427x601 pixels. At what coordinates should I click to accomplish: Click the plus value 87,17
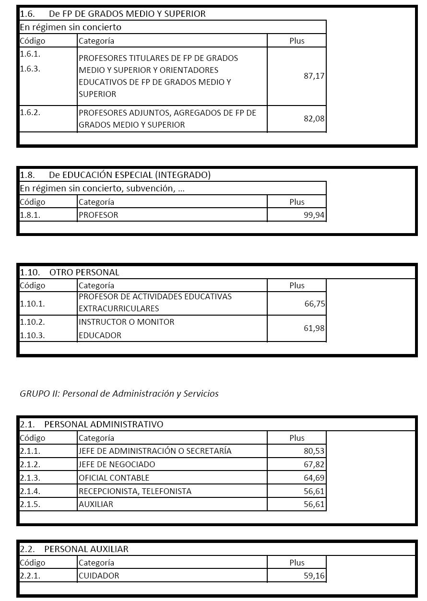(314, 76)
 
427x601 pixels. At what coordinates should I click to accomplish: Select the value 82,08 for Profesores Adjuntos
(314, 118)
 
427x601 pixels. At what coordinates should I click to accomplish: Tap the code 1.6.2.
(30, 112)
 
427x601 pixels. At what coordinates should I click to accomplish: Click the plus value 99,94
(314, 215)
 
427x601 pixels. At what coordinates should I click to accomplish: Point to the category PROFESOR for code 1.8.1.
(98, 215)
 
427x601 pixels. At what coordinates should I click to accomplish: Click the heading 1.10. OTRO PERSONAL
(70, 272)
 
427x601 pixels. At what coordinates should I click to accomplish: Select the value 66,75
(314, 304)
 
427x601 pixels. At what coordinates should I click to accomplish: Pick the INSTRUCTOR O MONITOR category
(126, 322)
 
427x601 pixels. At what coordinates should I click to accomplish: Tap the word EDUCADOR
(100, 335)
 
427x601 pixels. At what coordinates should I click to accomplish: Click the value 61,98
(314, 328)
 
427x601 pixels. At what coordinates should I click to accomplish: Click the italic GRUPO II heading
(119, 393)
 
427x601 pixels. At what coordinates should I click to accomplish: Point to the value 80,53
(314, 451)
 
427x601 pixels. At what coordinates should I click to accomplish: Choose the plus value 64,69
(314, 478)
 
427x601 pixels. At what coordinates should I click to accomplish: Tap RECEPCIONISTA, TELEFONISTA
(135, 491)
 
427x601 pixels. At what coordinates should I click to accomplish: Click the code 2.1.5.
(30, 505)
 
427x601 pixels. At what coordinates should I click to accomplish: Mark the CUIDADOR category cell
(99, 576)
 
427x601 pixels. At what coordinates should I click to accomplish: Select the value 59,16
(314, 576)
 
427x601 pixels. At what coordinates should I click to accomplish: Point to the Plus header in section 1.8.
(297, 202)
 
